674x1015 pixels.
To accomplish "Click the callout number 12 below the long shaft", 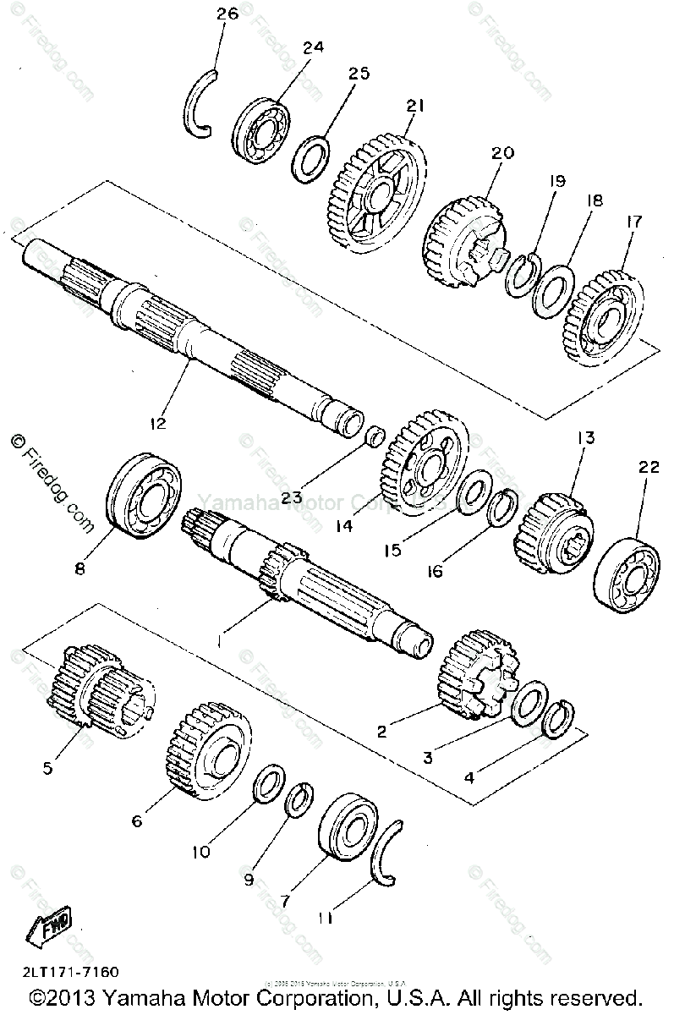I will (x=160, y=420).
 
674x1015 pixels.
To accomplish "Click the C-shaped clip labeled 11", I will (x=388, y=854).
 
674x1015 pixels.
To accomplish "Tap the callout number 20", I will (x=502, y=153).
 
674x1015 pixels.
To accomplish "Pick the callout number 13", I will (x=585, y=438).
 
